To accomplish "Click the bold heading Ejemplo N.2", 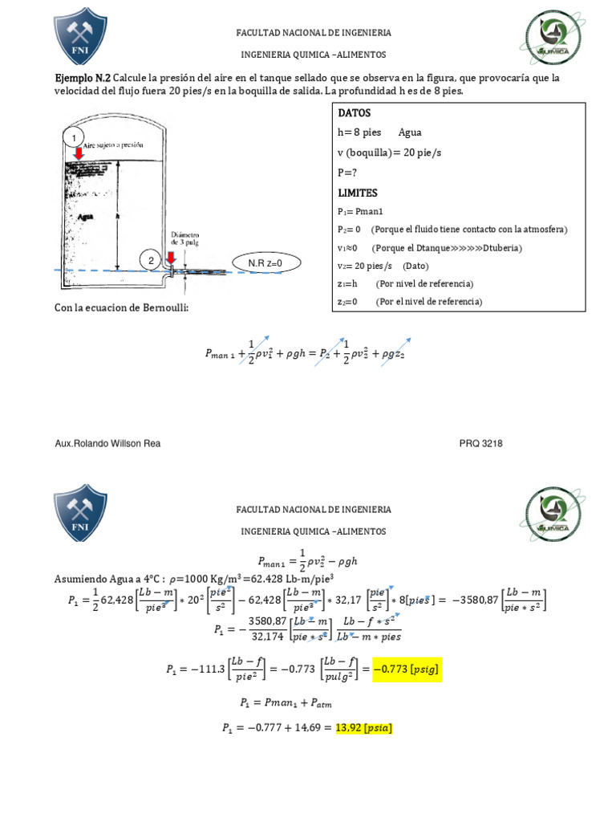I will coord(82,78).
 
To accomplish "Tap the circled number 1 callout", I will coord(75,138).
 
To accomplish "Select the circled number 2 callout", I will coord(151,260).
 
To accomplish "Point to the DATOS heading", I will coord(355,114).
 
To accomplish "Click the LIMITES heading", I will coord(357,193).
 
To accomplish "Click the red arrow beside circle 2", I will coord(170,260).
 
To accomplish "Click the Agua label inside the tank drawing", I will coord(87,216).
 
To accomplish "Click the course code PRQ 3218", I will coord(480,443).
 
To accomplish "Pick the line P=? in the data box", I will coord(348,172).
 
